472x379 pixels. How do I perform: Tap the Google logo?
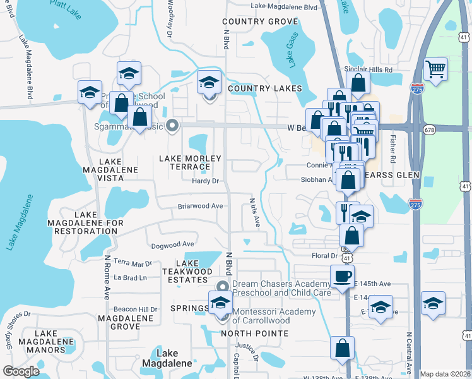pyautogui.click(x=21, y=371)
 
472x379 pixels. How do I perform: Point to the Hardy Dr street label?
pyautogui.click(x=206, y=181)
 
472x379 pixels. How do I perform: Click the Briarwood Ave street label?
pyautogui.click(x=200, y=206)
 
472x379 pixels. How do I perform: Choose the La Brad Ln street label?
pyautogui.click(x=130, y=277)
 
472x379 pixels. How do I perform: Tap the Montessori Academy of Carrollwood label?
pyautogui.click(x=273, y=316)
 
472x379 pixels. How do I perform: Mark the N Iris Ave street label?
pyautogui.click(x=254, y=213)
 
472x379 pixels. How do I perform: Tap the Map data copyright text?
pyautogui.click(x=445, y=374)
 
